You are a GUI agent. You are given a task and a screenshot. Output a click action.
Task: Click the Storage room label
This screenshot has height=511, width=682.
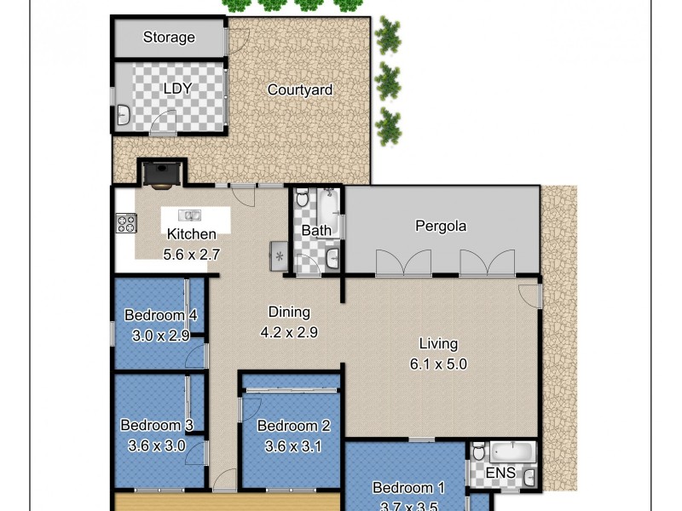point(169,37)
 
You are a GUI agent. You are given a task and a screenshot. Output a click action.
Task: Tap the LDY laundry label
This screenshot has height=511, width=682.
point(177,88)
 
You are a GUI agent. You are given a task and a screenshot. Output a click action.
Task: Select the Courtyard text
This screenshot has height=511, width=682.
point(299,89)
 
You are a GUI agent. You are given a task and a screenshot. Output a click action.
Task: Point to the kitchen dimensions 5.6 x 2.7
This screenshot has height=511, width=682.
point(192,253)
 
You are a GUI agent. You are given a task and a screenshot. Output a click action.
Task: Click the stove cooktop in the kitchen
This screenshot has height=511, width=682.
point(126,224)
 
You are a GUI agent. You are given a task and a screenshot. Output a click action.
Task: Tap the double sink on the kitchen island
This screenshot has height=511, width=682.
point(189,215)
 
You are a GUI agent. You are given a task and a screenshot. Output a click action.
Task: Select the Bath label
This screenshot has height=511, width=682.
point(316,231)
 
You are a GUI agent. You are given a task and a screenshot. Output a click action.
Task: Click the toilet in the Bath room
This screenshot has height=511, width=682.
point(301,198)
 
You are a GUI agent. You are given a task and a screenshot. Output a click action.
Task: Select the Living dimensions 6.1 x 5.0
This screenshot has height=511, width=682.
point(438,364)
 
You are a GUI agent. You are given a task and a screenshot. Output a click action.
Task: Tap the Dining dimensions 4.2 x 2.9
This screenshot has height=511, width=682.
point(289,332)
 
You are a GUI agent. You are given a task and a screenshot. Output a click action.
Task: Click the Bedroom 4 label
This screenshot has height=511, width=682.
point(161,315)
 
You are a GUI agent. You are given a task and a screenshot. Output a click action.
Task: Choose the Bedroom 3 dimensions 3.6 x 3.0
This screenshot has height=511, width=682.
point(156,444)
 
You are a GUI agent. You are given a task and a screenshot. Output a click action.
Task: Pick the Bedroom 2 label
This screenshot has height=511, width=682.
point(293,426)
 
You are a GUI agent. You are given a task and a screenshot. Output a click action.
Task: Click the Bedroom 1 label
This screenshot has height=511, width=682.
point(408,488)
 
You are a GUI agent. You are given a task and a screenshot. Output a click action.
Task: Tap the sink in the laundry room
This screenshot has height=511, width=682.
point(122,114)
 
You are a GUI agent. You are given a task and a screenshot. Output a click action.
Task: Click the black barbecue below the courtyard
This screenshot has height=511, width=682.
point(160,173)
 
